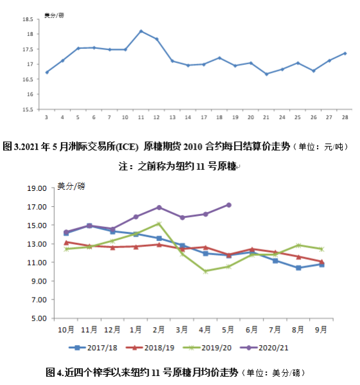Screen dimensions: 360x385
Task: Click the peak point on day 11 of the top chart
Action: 141,31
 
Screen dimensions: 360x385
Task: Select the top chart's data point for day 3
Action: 47,72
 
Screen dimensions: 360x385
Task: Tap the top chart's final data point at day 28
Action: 345,53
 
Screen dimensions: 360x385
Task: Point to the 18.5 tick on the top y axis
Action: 28,19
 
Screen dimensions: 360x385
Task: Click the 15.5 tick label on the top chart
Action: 28,109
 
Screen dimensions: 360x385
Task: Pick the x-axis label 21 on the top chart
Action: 266,118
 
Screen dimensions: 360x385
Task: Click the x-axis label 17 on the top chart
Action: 204,118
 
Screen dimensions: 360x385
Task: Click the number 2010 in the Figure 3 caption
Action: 193,147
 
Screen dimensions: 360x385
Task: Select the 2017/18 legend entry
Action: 93,348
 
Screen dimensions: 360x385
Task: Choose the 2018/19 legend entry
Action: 150,348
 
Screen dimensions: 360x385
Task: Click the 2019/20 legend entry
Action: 207,348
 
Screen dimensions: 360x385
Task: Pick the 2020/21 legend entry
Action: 264,348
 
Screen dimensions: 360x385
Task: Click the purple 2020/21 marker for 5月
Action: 229,205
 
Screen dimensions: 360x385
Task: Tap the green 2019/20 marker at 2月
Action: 159,224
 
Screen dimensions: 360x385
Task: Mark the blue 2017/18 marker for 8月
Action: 298,268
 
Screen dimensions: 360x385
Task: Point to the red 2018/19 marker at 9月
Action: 321,262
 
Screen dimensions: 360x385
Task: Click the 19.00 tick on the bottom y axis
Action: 37,188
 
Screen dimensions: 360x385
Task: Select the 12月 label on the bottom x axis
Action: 113,330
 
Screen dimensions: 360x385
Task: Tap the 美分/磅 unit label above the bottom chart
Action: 71,186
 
